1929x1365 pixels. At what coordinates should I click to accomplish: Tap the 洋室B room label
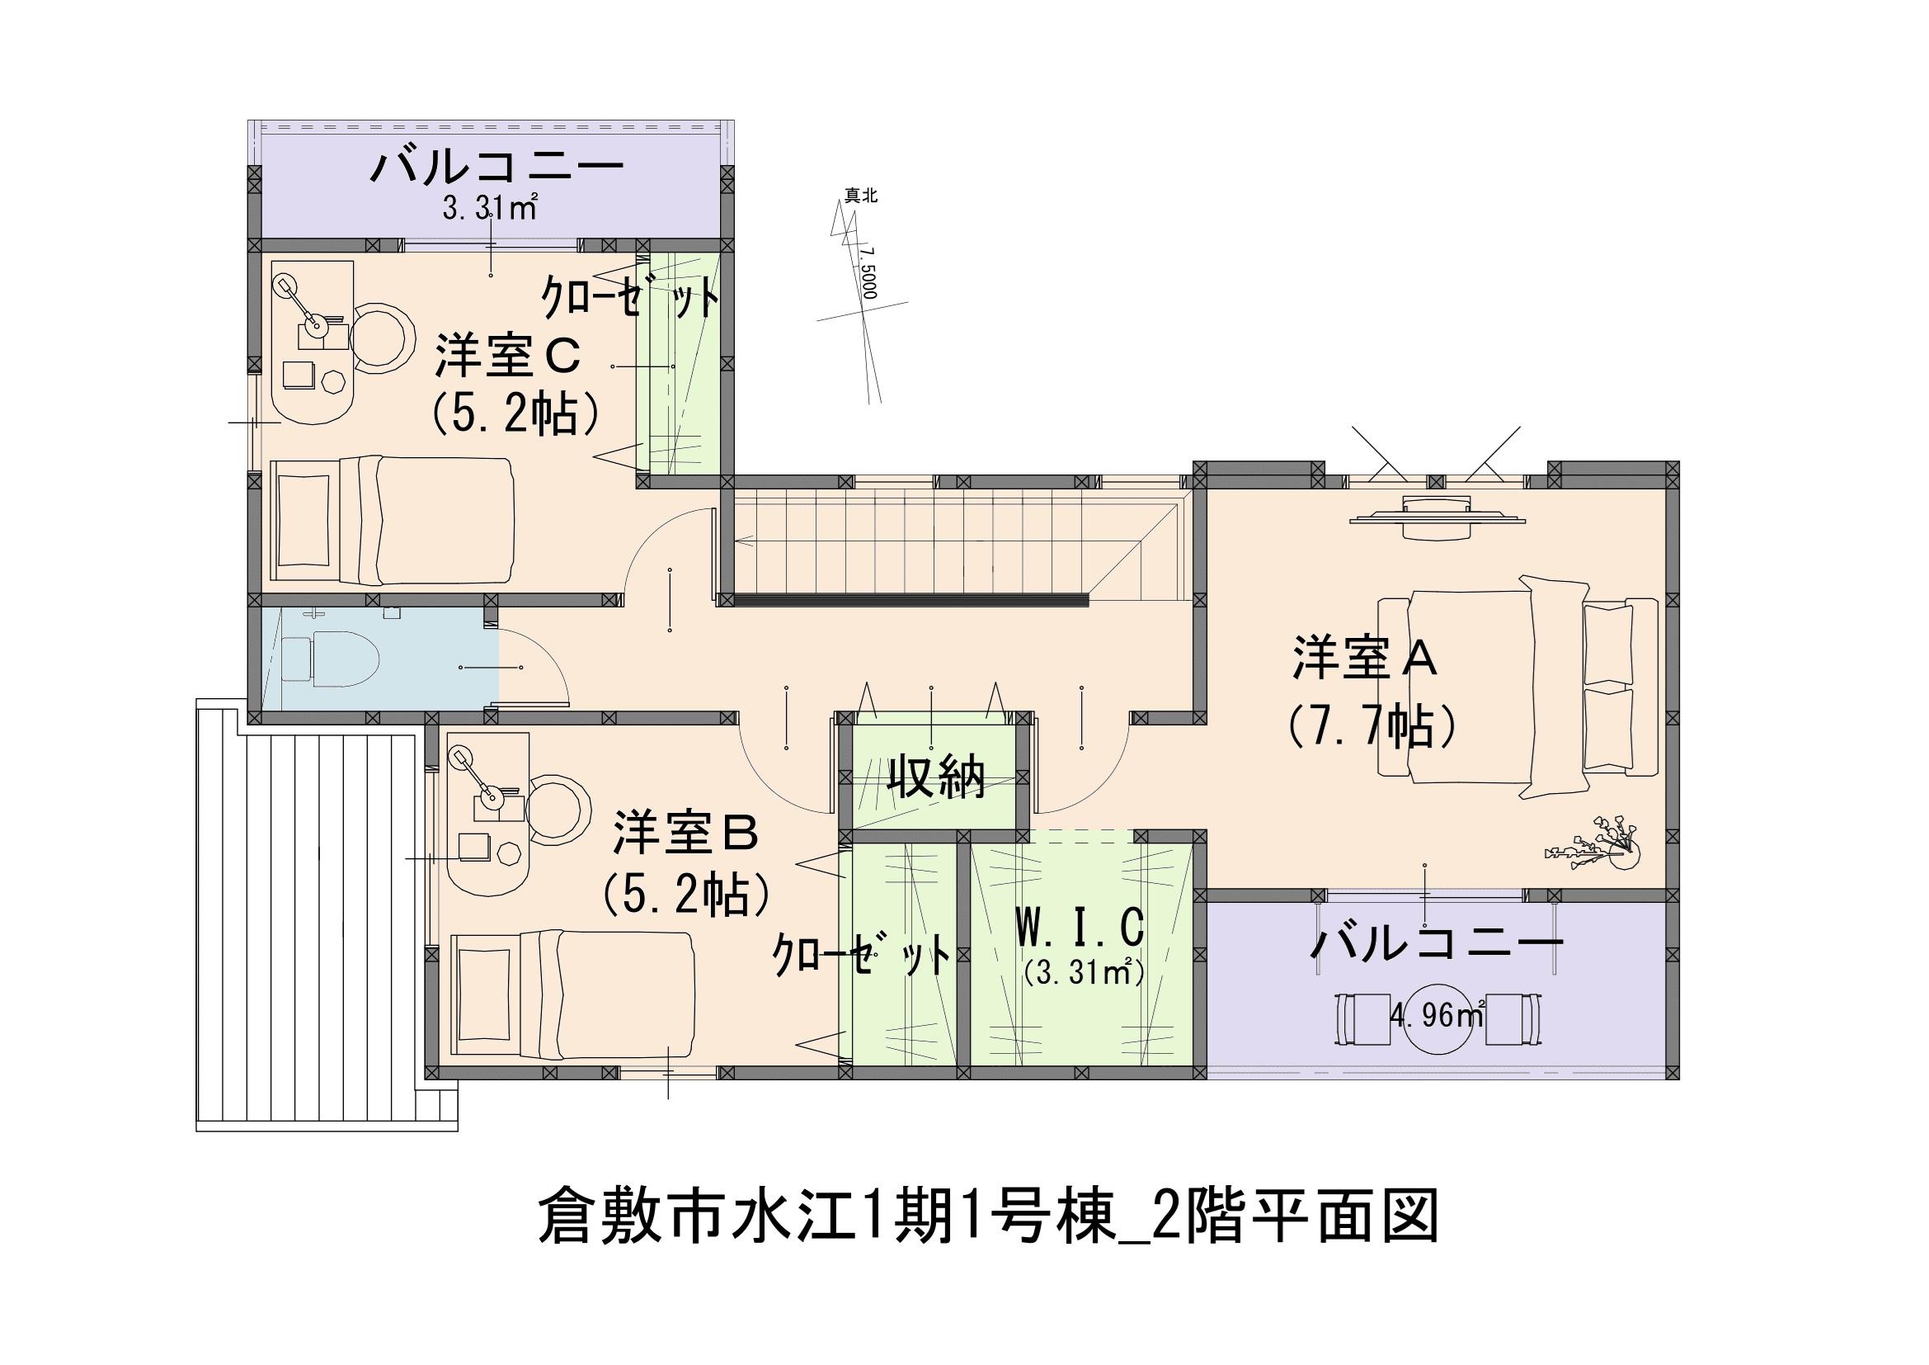point(686,833)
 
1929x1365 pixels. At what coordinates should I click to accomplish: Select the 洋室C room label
point(507,357)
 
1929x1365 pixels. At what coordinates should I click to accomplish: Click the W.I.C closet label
point(1080,928)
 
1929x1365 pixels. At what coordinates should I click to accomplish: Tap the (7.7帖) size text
point(1371,727)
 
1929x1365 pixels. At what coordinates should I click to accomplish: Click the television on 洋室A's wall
point(1437,513)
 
